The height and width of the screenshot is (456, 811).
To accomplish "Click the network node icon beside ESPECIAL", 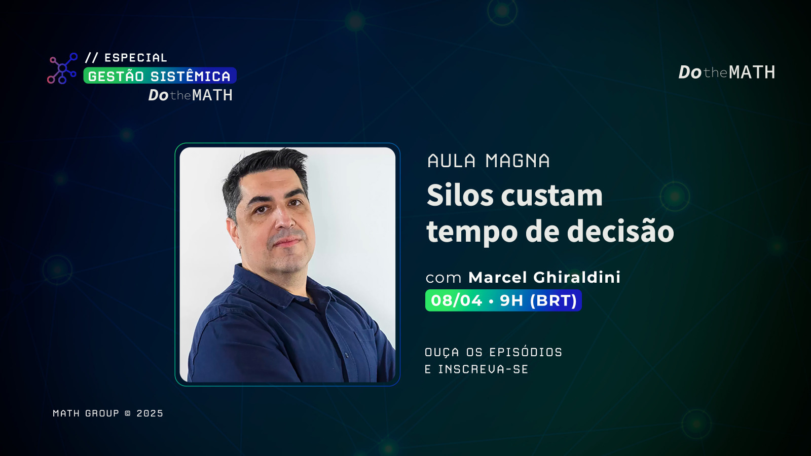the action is (x=62, y=68).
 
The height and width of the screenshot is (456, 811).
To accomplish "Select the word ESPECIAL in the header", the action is (x=136, y=58).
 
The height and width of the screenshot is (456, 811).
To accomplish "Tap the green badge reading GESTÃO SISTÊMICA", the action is (x=160, y=75).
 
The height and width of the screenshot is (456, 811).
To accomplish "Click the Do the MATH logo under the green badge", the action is (x=191, y=95).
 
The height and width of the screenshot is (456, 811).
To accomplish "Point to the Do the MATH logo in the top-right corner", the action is (x=727, y=72).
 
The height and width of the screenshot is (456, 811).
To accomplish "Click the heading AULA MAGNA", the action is (x=489, y=161).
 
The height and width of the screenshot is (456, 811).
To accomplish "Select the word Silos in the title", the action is (x=460, y=195).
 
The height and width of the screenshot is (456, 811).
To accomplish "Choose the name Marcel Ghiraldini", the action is (x=544, y=278).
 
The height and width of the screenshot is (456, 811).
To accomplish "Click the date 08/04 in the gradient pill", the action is (x=457, y=300).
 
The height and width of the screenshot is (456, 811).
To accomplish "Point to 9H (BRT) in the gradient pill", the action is (x=538, y=300).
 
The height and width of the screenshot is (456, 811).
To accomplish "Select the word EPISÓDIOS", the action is (x=526, y=352).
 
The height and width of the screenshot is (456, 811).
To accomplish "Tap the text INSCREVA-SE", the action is (x=483, y=369).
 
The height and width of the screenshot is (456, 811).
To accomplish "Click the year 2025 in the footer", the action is (x=150, y=413).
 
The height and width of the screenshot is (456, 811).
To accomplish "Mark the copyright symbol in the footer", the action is (x=128, y=413).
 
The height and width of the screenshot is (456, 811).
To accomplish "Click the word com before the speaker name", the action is (x=444, y=279).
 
